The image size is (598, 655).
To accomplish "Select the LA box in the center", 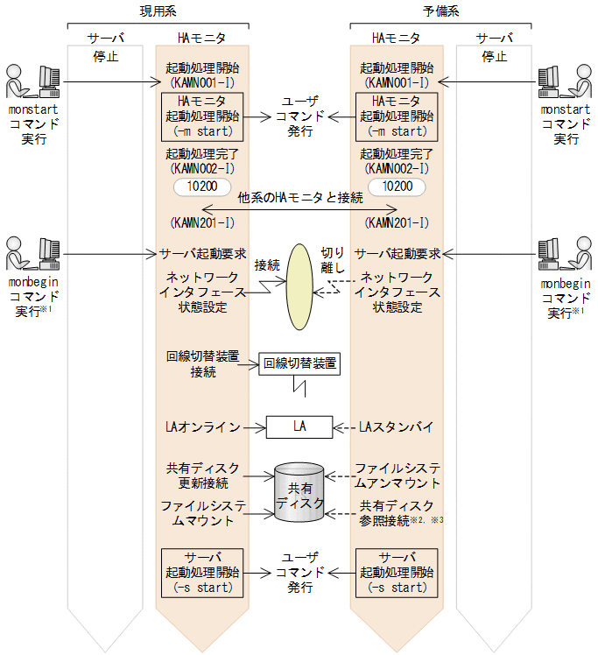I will (x=299, y=427).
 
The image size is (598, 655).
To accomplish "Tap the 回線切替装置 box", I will (x=299, y=363).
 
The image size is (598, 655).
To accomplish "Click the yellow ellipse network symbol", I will (x=300, y=276).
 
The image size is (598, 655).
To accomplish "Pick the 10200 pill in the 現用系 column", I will (x=202, y=187).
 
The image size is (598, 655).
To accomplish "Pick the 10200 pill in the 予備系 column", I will (x=397, y=187).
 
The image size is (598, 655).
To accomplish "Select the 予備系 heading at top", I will (x=440, y=11).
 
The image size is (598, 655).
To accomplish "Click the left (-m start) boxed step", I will (x=202, y=117).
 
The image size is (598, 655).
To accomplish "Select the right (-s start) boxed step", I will (x=397, y=573).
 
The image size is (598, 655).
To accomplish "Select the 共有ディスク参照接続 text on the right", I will (x=396, y=513).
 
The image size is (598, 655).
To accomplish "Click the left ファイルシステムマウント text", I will (x=198, y=513).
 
